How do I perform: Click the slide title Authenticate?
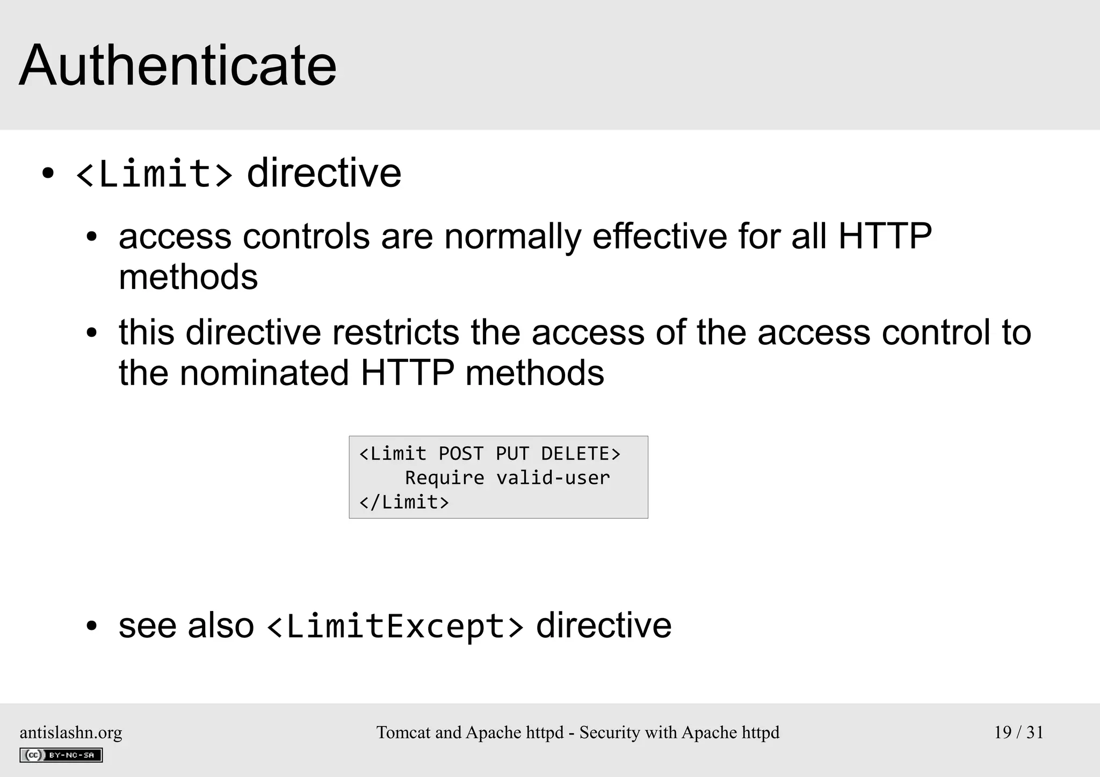[178, 66]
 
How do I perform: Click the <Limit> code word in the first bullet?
[155, 174]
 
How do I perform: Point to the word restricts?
[395, 332]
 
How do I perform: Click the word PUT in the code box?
[512, 454]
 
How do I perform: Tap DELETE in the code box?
[575, 454]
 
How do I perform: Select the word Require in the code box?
[444, 478]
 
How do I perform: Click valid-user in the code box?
[553, 478]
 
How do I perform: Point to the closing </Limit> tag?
[404, 502]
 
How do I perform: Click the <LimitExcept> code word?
[395, 627]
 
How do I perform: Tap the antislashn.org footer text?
[71, 732]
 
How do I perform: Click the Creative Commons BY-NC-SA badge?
[61, 755]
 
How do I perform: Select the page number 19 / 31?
[1018, 732]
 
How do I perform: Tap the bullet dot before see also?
[91, 626]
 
